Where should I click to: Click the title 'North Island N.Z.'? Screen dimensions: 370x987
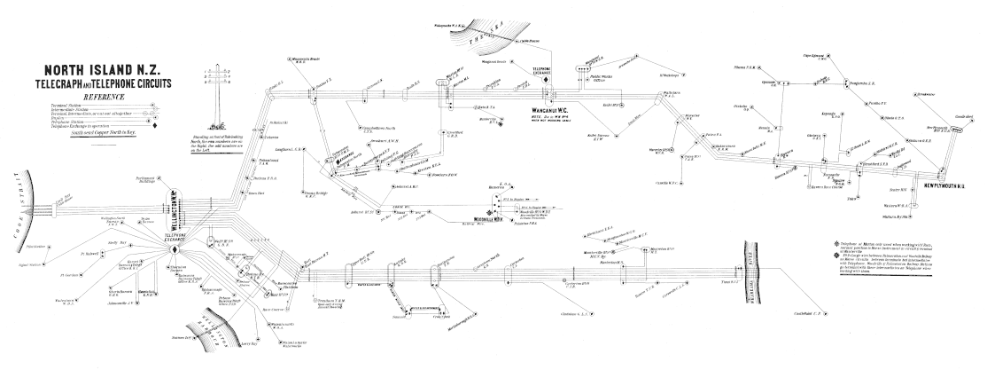(98, 70)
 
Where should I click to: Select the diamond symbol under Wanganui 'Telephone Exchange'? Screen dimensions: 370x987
(548, 82)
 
